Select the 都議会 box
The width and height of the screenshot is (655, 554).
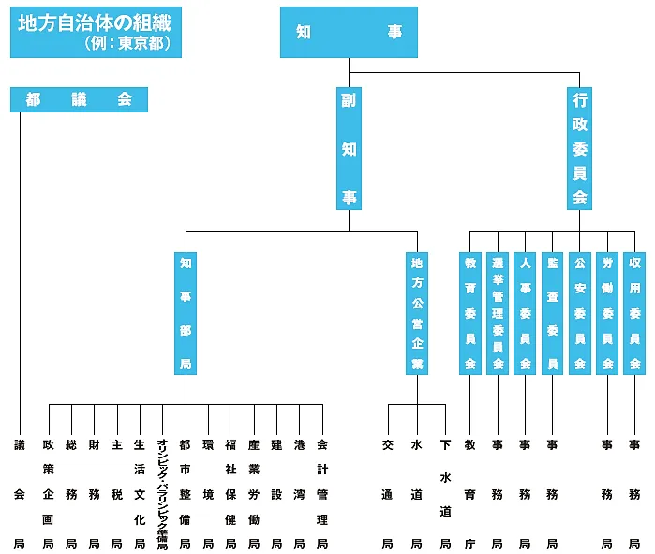click(79, 99)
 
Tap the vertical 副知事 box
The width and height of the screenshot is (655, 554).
click(349, 148)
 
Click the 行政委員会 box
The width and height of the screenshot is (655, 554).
click(580, 148)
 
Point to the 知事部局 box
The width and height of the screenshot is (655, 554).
click(185, 313)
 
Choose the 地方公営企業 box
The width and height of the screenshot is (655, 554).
click(417, 313)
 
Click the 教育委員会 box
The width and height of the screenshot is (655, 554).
click(470, 313)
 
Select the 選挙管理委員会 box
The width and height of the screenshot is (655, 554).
click(498, 313)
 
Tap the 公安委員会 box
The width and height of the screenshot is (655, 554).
click(580, 313)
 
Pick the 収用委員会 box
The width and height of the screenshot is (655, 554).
click(635, 313)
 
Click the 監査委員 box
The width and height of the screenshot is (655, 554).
click(553, 313)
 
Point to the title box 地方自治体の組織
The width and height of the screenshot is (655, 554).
click(95, 33)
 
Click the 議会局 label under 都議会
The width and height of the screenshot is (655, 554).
click(20, 492)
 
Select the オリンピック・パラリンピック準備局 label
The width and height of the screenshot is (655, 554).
click(162, 492)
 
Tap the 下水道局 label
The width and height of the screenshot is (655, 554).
click(445, 492)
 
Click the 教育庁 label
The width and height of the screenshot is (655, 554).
click(470, 492)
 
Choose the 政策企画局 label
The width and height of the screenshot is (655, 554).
click(48, 492)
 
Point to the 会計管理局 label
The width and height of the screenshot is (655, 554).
click(322, 492)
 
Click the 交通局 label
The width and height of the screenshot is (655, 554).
click(388, 492)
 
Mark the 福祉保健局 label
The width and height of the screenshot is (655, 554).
click(231, 492)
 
